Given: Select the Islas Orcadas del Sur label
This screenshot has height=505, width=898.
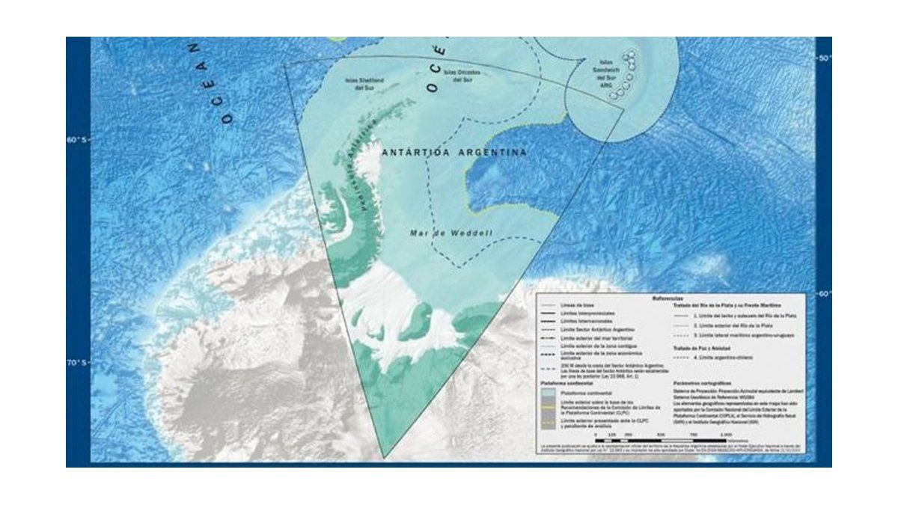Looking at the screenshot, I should (x=462, y=76).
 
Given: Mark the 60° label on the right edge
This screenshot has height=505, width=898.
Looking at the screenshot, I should (x=822, y=293).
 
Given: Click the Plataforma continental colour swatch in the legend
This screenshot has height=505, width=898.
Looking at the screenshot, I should (x=550, y=391).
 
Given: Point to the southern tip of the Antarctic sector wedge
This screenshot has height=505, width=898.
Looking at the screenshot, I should (x=384, y=457).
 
